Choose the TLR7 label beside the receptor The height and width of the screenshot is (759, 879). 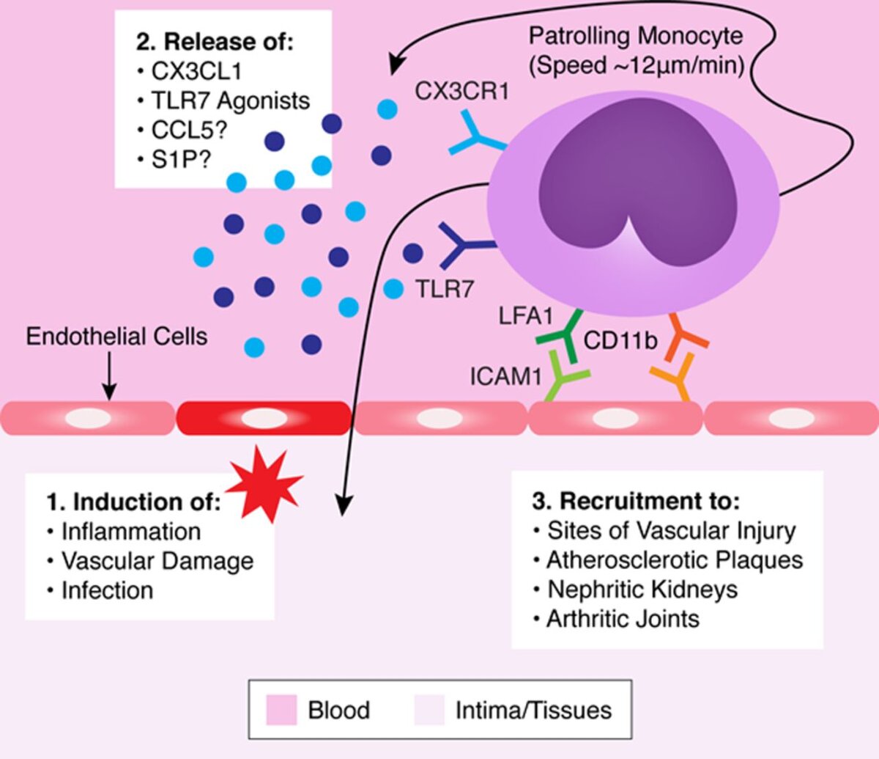point(445,289)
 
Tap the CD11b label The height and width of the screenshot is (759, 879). point(620,340)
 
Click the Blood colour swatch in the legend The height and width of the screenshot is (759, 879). point(281,710)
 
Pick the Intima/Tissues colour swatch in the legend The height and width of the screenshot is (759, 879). point(429,710)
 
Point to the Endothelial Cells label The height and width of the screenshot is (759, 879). point(116,337)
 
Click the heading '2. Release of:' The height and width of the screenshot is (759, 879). point(214,41)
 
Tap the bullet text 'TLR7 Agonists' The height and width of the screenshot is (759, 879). point(230,100)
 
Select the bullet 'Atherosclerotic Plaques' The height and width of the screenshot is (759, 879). point(674,560)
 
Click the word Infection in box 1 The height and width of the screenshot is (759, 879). point(107,590)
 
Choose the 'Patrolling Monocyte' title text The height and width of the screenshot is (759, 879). point(636,35)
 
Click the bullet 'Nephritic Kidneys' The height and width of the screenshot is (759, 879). point(642,590)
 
